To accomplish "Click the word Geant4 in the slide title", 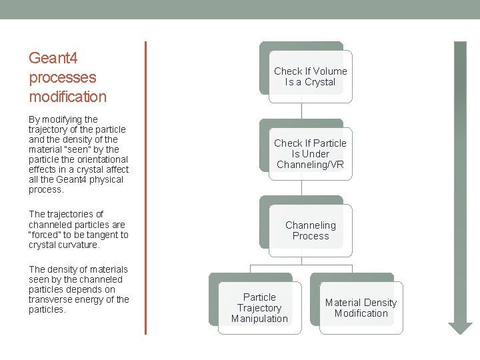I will point(49,58).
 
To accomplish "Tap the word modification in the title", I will point(67,97).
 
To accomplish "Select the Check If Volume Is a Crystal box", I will point(310,77).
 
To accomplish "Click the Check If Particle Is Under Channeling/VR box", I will point(310,153).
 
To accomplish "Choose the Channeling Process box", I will point(310,230).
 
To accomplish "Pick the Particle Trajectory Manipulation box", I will point(259,307).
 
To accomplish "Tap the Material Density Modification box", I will point(361,307).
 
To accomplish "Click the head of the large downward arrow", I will point(460,327).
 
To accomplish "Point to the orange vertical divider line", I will point(145,187).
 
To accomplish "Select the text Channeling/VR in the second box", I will point(311,165).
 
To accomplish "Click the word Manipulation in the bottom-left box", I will point(259,319).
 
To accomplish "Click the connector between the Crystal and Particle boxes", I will point(302,112).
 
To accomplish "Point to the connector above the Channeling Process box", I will point(302,188).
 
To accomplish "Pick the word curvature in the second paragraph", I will point(79,245).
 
